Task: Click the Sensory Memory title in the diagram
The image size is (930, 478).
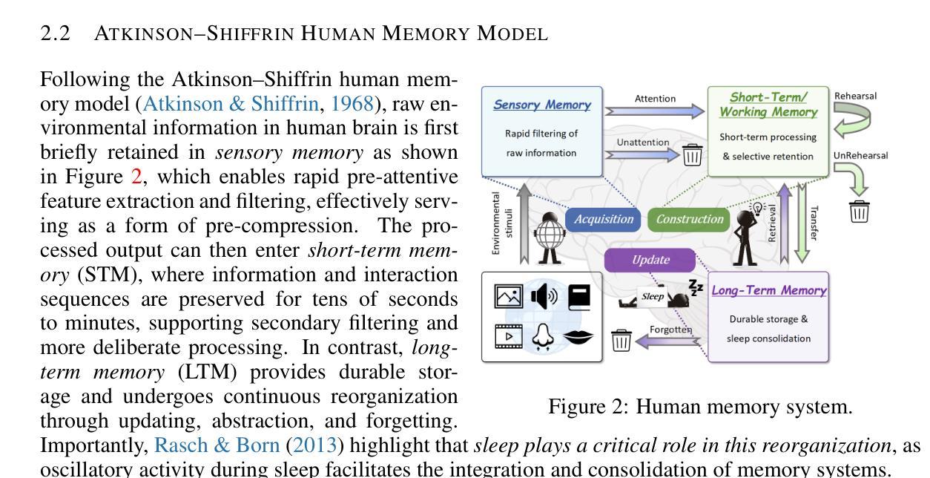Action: (542, 105)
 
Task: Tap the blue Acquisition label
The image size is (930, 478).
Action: (604, 219)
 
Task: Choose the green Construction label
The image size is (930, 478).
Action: (689, 219)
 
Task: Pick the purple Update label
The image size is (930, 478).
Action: (650, 260)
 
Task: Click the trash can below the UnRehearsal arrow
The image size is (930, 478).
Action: (860, 212)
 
